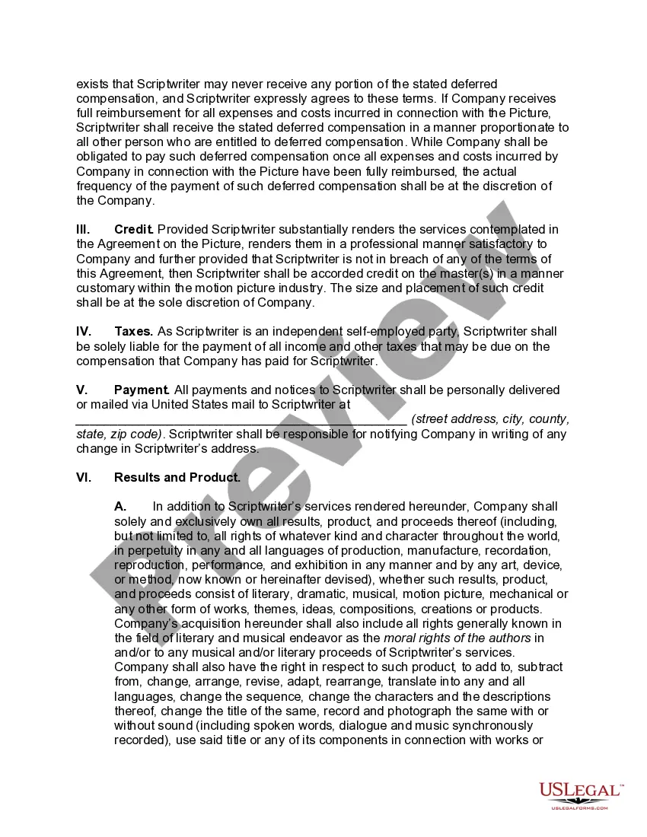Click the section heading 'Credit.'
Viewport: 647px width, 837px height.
(134, 229)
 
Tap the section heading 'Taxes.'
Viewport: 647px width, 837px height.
(133, 332)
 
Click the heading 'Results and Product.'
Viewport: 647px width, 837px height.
(177, 478)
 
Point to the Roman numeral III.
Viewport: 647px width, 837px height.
(83, 229)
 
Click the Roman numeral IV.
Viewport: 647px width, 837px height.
(84, 332)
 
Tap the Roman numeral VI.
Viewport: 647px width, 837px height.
(84, 478)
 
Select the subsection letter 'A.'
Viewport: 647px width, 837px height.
(120, 507)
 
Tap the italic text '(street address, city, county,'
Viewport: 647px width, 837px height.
(490, 419)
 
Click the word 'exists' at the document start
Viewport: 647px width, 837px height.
(92, 84)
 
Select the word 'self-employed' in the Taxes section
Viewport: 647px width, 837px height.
(355, 332)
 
